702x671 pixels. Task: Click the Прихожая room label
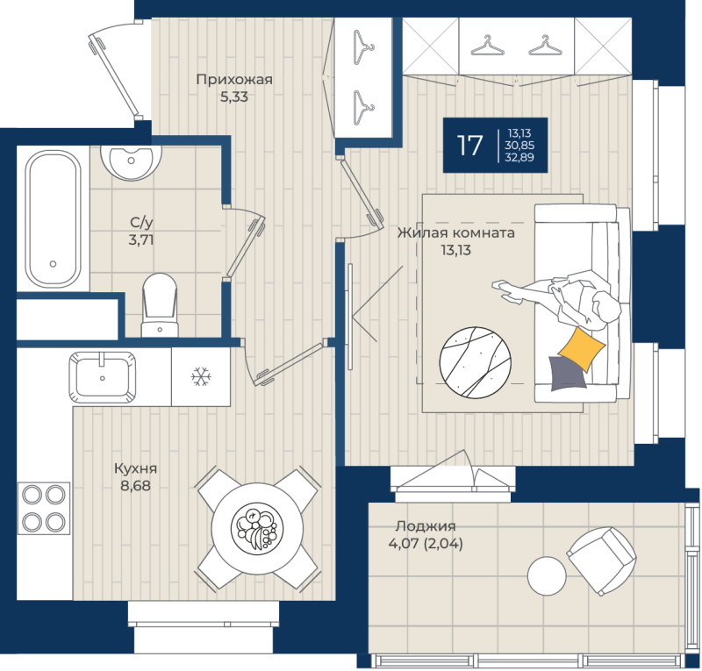pyautogui.click(x=234, y=80)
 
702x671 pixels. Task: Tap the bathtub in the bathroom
pyautogui.click(x=54, y=219)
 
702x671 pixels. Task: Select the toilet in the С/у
pyautogui.click(x=160, y=305)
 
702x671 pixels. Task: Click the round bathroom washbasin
pyautogui.click(x=131, y=162)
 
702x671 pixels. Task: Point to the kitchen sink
pyautogui.click(x=103, y=377)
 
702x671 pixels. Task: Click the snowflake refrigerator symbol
pyautogui.click(x=201, y=377)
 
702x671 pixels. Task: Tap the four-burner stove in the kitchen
pyautogui.click(x=44, y=508)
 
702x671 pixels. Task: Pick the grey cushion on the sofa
pyautogui.click(x=567, y=374)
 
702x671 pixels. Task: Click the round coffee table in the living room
pyautogui.click(x=475, y=362)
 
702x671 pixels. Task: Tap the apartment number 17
pyautogui.click(x=469, y=146)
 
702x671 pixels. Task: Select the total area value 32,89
pyautogui.click(x=519, y=157)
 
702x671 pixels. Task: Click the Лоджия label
pyautogui.click(x=426, y=526)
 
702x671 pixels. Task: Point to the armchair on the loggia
pyautogui.click(x=601, y=560)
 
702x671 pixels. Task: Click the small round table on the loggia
pyautogui.click(x=547, y=575)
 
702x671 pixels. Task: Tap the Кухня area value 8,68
pyautogui.click(x=136, y=486)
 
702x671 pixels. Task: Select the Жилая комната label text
pyautogui.click(x=455, y=233)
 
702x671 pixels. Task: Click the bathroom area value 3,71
pyautogui.click(x=141, y=240)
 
